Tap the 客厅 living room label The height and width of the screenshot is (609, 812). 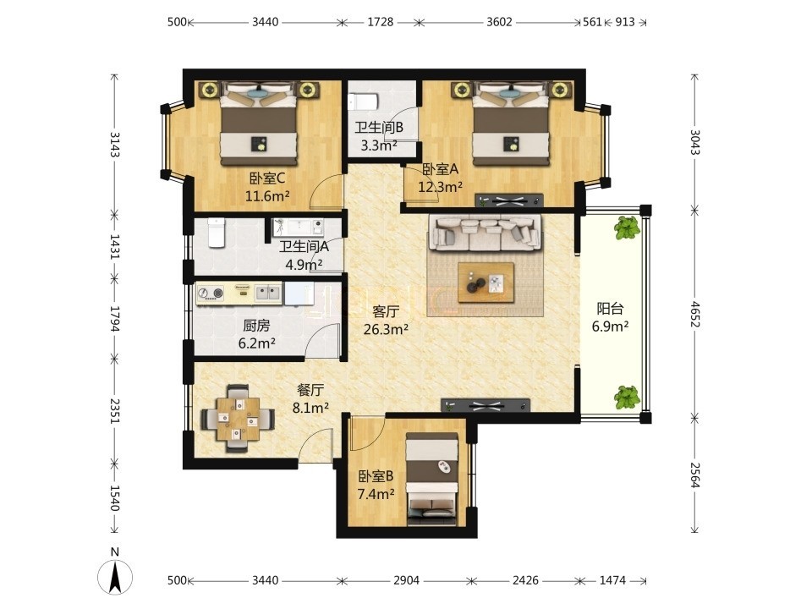click(x=386, y=311)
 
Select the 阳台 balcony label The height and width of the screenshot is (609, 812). click(x=610, y=309)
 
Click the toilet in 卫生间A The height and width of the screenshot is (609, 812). click(x=217, y=233)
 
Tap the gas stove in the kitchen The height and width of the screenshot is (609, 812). click(x=211, y=294)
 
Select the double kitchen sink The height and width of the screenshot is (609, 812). click(x=268, y=294)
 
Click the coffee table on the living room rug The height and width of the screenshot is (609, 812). click(x=486, y=282)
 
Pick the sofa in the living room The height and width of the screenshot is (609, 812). click(x=486, y=233)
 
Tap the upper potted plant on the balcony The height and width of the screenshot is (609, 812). click(x=627, y=228)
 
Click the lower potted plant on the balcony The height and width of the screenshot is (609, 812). click(x=627, y=398)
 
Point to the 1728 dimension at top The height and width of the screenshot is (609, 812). click(x=380, y=22)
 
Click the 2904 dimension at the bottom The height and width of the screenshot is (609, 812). click(x=406, y=580)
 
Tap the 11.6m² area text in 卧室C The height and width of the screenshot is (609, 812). click(x=267, y=196)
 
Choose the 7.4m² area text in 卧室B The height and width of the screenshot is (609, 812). click(x=376, y=494)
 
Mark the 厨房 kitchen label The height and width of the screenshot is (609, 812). click(x=257, y=326)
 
